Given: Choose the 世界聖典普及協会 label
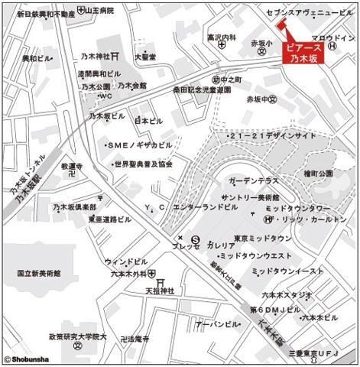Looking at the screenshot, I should click(144, 164).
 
